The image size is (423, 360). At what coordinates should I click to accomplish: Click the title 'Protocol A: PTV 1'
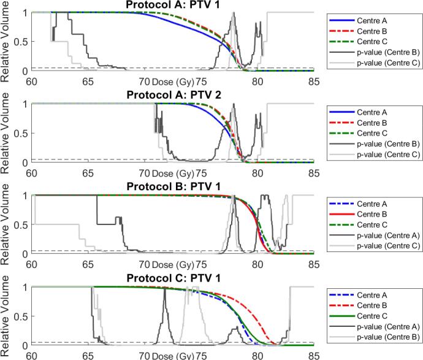(x=173, y=5)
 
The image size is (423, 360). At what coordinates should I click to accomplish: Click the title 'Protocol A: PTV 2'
(x=173, y=96)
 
